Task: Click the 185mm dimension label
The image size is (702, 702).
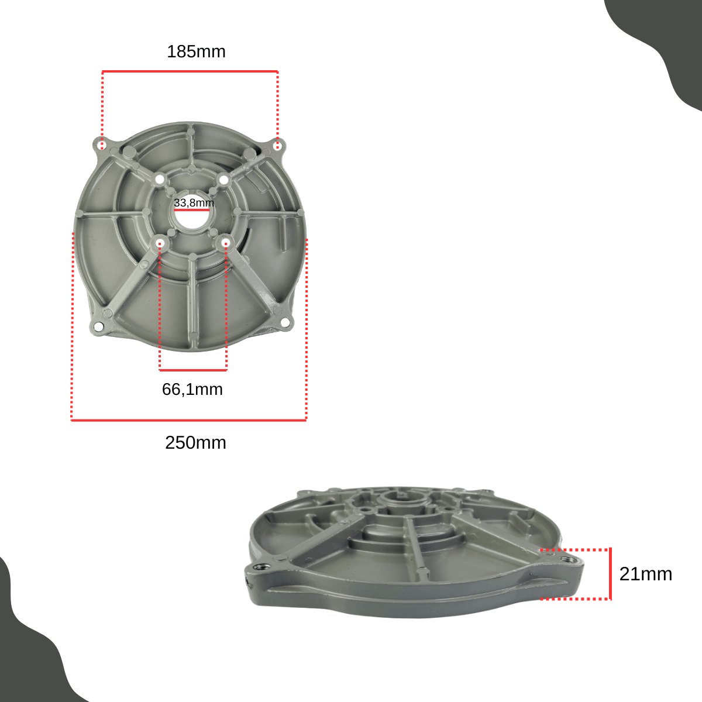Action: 196,51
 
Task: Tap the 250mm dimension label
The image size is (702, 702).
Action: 195,443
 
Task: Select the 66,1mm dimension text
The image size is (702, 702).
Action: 192,390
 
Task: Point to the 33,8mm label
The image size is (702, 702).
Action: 194,202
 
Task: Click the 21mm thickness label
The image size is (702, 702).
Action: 645,574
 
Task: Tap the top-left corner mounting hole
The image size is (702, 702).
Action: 103,145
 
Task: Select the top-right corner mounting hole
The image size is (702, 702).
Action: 278,146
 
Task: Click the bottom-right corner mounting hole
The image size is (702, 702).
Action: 284,322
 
